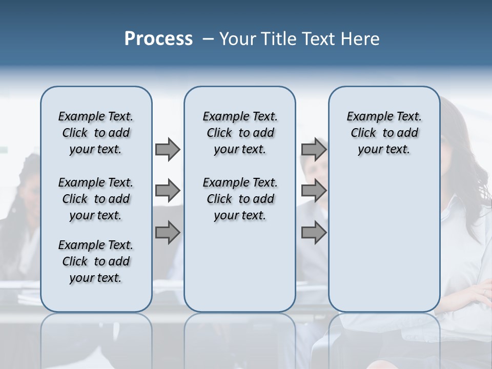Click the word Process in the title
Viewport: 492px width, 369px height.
[158, 39]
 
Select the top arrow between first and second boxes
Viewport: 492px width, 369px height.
[168, 150]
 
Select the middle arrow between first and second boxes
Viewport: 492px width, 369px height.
[168, 191]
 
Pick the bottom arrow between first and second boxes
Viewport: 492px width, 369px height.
[168, 233]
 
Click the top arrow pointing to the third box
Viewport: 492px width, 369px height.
[314, 150]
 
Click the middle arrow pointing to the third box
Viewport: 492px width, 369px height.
[314, 191]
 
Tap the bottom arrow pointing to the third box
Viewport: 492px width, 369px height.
[314, 233]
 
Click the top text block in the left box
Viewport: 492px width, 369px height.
[96, 133]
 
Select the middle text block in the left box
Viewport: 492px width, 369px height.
[96, 199]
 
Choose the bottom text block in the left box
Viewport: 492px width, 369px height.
[96, 261]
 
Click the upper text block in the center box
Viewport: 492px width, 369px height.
[240, 133]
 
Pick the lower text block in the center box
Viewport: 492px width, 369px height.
[240, 199]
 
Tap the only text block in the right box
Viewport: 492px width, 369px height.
[384, 133]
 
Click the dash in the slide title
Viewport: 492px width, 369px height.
[208, 39]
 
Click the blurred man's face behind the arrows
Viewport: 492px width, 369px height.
[315, 169]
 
